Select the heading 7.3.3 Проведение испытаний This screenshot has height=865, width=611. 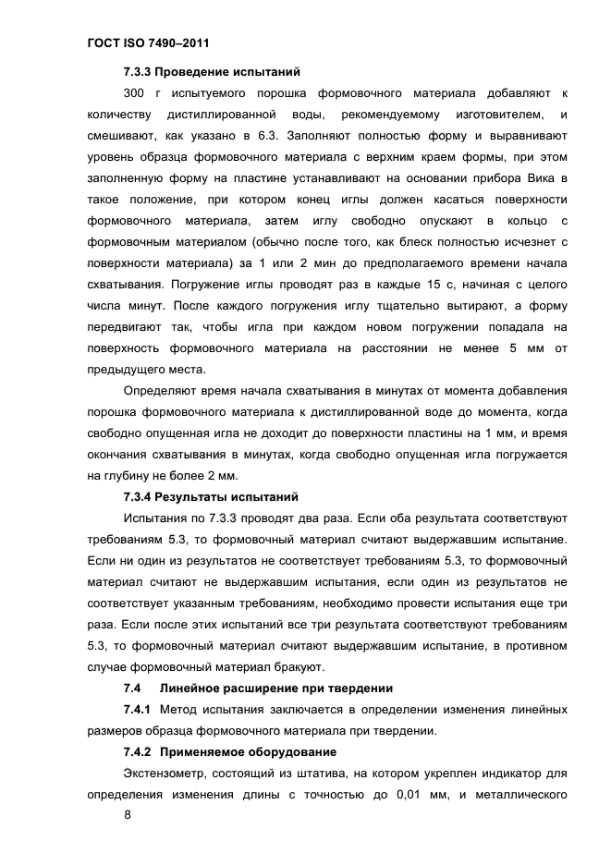pos(212,72)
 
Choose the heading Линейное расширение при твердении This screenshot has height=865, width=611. pos(276,688)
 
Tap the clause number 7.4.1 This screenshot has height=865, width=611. pos(137,710)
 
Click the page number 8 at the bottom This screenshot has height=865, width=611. pos(128,817)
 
